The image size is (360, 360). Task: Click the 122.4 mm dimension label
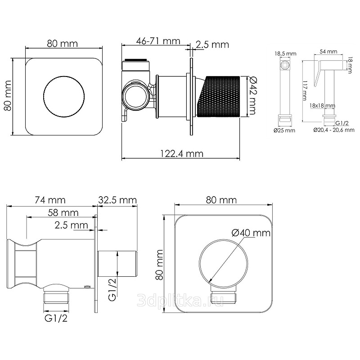click(x=182, y=153)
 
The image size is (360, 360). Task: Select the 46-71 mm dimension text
click(x=158, y=41)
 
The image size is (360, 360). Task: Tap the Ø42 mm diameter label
click(x=252, y=96)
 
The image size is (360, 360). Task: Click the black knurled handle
click(x=219, y=96)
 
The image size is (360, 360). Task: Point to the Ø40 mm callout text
click(x=251, y=233)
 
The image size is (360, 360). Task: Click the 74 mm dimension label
click(x=50, y=200)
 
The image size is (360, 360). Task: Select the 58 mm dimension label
click(x=63, y=213)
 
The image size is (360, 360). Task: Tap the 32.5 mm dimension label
click(x=117, y=200)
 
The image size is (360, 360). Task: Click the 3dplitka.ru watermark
click(x=180, y=300)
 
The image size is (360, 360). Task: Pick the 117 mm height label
click(x=305, y=90)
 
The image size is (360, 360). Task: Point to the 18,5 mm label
click(x=285, y=54)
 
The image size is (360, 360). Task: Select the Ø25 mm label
click(x=284, y=130)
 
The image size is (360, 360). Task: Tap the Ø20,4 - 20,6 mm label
click(x=334, y=130)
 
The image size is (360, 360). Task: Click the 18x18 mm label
click(x=322, y=106)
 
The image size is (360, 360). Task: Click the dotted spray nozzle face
click(x=285, y=65)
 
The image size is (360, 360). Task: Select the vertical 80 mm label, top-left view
click(x=8, y=96)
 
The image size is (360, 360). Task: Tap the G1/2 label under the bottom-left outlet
click(x=56, y=319)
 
